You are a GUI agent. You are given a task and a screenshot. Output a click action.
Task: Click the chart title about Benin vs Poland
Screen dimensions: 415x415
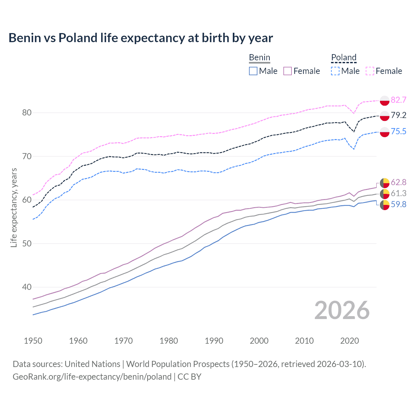pyautogui.click(x=141, y=38)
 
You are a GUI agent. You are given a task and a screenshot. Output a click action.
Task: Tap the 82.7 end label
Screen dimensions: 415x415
pyautogui.click(x=398, y=100)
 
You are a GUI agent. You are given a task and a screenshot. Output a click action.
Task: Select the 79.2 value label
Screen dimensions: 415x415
pyautogui.click(x=398, y=115)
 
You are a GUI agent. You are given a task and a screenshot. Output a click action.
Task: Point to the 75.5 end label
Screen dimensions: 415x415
pyautogui.click(x=398, y=131)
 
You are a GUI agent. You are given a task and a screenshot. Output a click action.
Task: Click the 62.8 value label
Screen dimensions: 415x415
pyautogui.click(x=398, y=182)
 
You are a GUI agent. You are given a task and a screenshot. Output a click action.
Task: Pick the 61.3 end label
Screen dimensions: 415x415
pyautogui.click(x=398, y=193)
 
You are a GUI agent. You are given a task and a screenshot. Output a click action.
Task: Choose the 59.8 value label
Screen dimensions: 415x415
pyautogui.click(x=398, y=204)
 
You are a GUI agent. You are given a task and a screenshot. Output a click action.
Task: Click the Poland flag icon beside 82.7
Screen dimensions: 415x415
pyautogui.click(x=385, y=101)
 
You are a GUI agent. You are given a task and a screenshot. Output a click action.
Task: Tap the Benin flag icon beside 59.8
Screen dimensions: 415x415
pyautogui.click(x=385, y=205)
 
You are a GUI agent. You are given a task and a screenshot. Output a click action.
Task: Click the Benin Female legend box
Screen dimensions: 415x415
pyautogui.click(x=288, y=71)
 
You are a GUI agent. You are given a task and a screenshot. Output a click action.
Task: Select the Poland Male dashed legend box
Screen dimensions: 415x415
pyautogui.click(x=335, y=71)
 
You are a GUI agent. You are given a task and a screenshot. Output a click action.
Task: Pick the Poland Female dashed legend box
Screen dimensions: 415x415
pyautogui.click(x=370, y=71)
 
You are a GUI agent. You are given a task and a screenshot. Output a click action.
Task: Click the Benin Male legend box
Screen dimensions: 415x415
pyautogui.click(x=253, y=71)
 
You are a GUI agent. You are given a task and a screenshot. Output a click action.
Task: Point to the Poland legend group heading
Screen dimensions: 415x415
pyautogui.click(x=344, y=57)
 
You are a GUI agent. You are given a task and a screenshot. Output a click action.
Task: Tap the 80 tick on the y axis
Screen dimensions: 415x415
pyautogui.click(x=27, y=113)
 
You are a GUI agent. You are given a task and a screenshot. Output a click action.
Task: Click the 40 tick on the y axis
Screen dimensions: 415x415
pyautogui.click(x=27, y=287)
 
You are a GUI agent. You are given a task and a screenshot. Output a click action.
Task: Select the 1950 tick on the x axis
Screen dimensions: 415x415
pyautogui.click(x=33, y=341)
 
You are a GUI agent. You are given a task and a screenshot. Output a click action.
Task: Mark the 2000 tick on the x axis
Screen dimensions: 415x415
pyautogui.click(x=259, y=341)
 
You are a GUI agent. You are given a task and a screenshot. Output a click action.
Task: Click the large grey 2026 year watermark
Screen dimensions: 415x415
pyautogui.click(x=342, y=310)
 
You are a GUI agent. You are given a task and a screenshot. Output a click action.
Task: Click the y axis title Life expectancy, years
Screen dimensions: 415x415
pyautogui.click(x=14, y=207)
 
